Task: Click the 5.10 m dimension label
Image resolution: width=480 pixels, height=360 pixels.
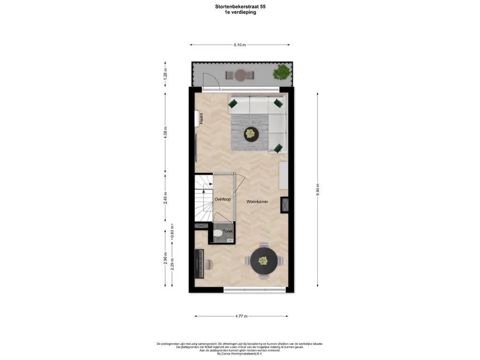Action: click(240, 45)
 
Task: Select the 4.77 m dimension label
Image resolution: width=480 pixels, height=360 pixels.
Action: click(241, 316)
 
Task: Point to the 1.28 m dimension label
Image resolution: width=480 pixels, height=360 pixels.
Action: click(165, 74)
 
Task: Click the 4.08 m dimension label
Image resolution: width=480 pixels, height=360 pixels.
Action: click(165, 133)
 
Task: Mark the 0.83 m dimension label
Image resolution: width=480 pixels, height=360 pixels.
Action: click(172, 232)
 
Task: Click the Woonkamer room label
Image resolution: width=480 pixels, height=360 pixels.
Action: click(257, 202)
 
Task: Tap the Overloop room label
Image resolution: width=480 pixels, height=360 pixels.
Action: click(223, 199)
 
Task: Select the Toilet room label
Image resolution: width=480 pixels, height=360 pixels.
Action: click(228, 232)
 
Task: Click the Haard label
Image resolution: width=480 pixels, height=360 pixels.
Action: click(201, 119)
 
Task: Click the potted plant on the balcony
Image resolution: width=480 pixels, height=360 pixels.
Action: click(281, 72)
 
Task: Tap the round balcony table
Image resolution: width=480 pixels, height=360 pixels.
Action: click(240, 75)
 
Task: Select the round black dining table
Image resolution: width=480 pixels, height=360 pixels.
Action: click(264, 261)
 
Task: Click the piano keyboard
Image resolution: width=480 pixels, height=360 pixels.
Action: click(199, 264)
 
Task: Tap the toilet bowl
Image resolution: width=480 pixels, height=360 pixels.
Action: click(218, 233)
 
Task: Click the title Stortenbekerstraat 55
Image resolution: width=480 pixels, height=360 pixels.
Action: click(240, 7)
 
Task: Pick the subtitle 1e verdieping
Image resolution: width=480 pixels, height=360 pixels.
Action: click(240, 12)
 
